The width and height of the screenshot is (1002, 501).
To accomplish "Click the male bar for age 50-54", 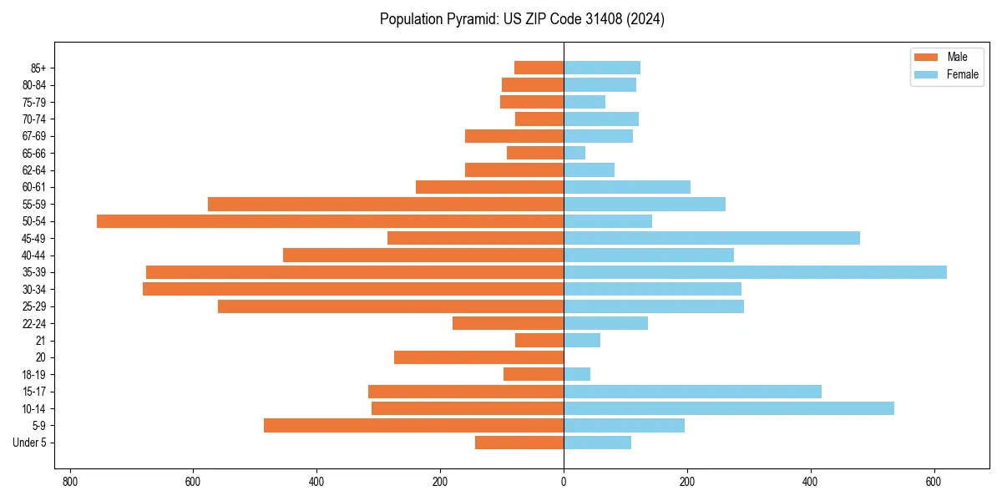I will click(x=330, y=221).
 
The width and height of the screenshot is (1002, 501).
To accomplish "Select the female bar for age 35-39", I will click(x=755, y=272).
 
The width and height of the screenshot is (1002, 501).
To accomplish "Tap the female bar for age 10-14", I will click(x=729, y=408).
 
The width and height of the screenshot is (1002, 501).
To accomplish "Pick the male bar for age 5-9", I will click(x=413, y=426).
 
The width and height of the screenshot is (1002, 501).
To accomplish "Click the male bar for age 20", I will click(x=478, y=357).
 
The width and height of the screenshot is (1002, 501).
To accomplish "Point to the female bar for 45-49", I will click(x=711, y=238).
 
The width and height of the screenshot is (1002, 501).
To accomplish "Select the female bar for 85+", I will click(x=602, y=68).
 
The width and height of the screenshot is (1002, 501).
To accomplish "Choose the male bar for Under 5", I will click(x=519, y=443).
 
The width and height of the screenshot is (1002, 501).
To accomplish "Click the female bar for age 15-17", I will click(x=692, y=392).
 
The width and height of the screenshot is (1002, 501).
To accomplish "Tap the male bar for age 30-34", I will click(x=353, y=289).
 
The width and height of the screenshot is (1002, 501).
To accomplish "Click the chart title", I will click(x=522, y=19).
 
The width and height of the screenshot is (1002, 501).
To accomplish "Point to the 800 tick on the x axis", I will click(x=70, y=482).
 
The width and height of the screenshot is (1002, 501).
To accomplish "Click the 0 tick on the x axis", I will click(x=564, y=482).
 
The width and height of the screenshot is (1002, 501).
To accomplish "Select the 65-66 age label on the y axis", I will click(x=34, y=154).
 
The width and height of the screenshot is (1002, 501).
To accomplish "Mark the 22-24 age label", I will click(x=34, y=324).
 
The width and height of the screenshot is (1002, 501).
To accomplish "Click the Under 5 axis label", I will click(x=30, y=443).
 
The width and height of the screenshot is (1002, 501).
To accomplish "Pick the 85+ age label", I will click(x=38, y=68).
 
